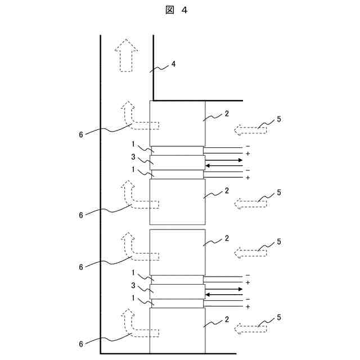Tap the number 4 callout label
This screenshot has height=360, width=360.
coord(173,64)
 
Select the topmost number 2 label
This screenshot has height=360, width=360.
coord(226,114)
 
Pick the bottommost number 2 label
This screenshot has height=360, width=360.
coord(226,319)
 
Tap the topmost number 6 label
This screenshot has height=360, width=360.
coord(81,134)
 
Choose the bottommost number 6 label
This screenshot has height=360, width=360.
coord(81,343)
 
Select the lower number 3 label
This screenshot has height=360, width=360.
coord(133,285)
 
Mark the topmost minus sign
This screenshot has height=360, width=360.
coord(247,146)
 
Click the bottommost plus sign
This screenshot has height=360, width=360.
coord(247,307)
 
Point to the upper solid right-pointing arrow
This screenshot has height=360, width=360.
coord(224,160)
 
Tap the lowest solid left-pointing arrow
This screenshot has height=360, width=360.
coord(224,294)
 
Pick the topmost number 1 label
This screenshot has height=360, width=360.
coord(133,144)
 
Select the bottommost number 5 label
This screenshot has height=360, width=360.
coord(279,318)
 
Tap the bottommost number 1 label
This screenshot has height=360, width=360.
coord(133,298)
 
